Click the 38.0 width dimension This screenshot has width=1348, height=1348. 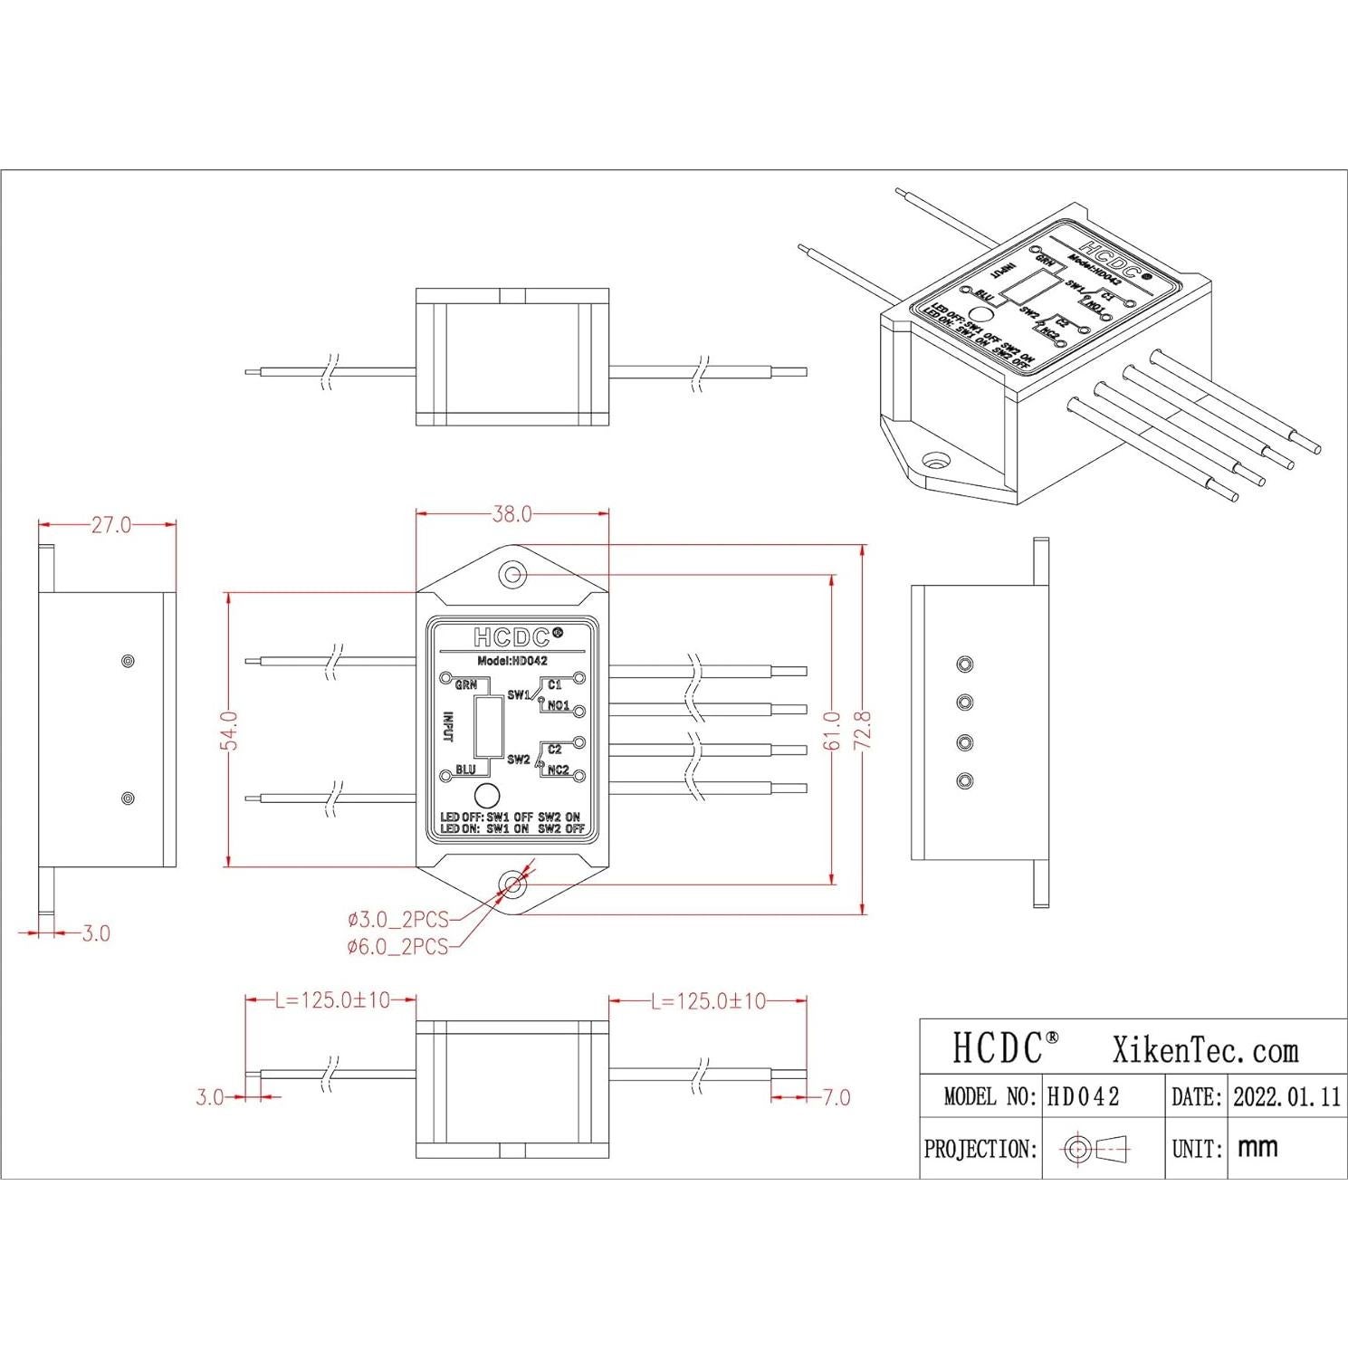[x=511, y=514]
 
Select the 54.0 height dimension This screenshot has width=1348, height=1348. [x=230, y=730]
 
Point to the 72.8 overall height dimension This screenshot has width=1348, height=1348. [x=862, y=730]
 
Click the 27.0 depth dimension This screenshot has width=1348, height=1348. [x=110, y=525]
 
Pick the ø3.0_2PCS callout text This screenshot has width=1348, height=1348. [x=398, y=920]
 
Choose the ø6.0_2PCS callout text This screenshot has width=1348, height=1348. [x=398, y=947]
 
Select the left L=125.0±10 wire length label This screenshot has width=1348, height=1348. [x=332, y=1000]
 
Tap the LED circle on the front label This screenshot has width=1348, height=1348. [x=487, y=797]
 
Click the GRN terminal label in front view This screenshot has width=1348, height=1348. [x=465, y=685]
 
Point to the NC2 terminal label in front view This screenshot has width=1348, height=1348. [x=558, y=770]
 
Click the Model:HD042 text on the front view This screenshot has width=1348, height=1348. [x=512, y=661]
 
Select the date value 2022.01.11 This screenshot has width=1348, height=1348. [x=1286, y=1097]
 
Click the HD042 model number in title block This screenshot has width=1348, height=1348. [x=1084, y=1097]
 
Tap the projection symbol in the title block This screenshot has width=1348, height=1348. [x=1098, y=1150]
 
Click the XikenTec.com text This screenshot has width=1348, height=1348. [x=1205, y=1050]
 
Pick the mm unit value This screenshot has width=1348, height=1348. [x=1257, y=1148]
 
